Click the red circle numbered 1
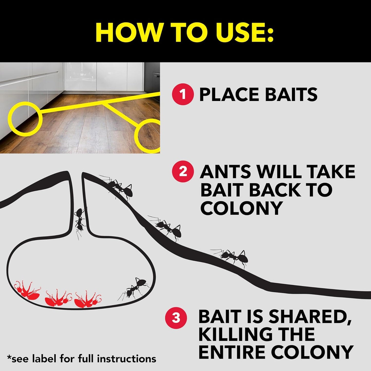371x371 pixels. (183, 94)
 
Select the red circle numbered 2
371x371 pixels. (183, 171)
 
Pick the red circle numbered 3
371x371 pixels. (176, 318)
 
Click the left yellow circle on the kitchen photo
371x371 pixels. (24, 118)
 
